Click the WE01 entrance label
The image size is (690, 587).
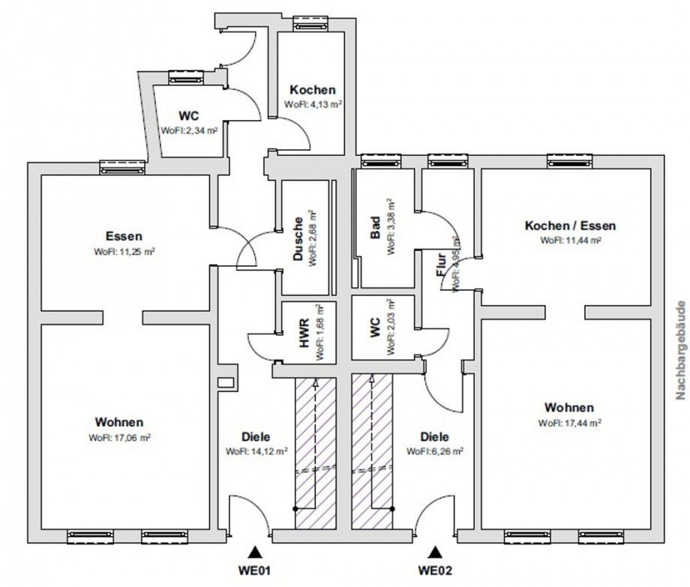[254, 571]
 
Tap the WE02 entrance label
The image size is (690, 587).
[435, 571]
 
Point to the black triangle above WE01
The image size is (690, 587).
[254, 553]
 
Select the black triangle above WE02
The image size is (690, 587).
[436, 552]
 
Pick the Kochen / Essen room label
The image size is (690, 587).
[570, 226]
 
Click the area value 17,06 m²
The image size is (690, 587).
[129, 438]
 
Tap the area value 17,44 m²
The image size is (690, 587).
[580, 423]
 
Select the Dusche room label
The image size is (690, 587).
[298, 238]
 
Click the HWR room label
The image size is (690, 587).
[304, 333]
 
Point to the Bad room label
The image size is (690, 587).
[375, 227]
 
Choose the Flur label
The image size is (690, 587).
[441, 265]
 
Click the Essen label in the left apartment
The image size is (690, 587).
[124, 236]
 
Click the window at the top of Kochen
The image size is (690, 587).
[310, 22]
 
